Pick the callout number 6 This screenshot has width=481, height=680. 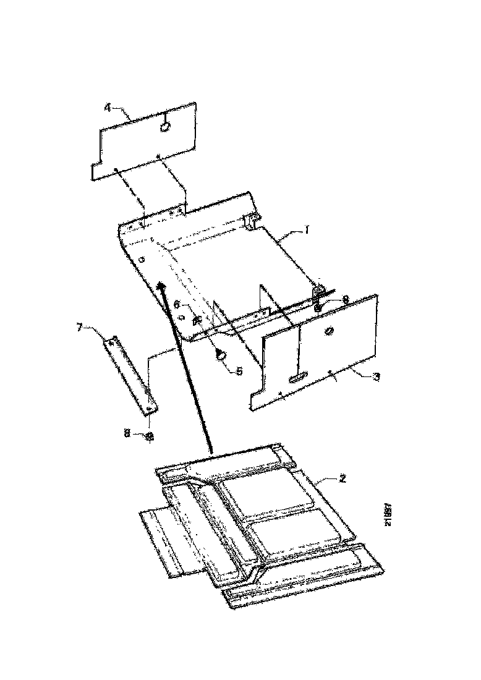pyautogui.click(x=177, y=305)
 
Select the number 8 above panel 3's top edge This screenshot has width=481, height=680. pyautogui.click(x=345, y=299)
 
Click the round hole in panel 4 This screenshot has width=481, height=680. pyautogui.click(x=165, y=127)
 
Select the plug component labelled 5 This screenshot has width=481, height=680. pyautogui.click(x=221, y=355)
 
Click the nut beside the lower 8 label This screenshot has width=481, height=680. pyautogui.click(x=148, y=436)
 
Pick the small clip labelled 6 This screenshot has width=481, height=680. pyautogui.click(x=197, y=320)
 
